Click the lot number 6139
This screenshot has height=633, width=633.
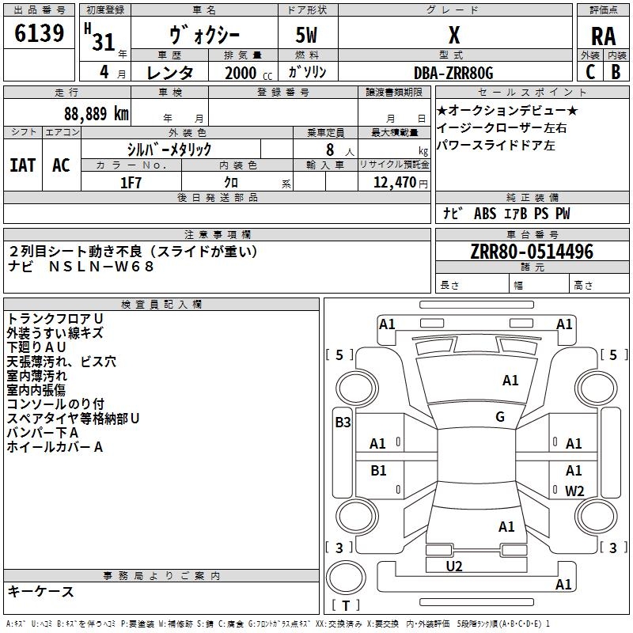(x=39, y=33)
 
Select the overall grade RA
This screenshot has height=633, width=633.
(x=604, y=36)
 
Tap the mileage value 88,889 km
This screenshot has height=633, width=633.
(x=96, y=114)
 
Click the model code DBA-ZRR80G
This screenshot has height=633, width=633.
(x=453, y=73)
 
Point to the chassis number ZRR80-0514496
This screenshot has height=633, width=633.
(x=532, y=252)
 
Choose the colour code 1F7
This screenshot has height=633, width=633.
(x=131, y=183)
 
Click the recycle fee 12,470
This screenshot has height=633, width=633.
(x=395, y=183)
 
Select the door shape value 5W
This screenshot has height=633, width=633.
(x=306, y=35)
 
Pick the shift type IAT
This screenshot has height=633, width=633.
(x=23, y=165)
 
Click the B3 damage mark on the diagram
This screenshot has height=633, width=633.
(x=343, y=423)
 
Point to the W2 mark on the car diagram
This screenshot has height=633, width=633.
(x=574, y=491)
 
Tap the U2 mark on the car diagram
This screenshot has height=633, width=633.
(x=454, y=567)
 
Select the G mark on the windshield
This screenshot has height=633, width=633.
(x=500, y=417)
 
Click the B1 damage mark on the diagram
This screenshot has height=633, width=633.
(x=378, y=470)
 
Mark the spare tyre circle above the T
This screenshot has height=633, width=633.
(x=346, y=578)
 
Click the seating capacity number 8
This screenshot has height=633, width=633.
(x=330, y=150)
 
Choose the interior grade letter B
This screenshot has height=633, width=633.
(x=616, y=72)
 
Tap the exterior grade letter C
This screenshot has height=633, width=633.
(x=590, y=72)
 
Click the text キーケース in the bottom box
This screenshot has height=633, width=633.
(x=40, y=591)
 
